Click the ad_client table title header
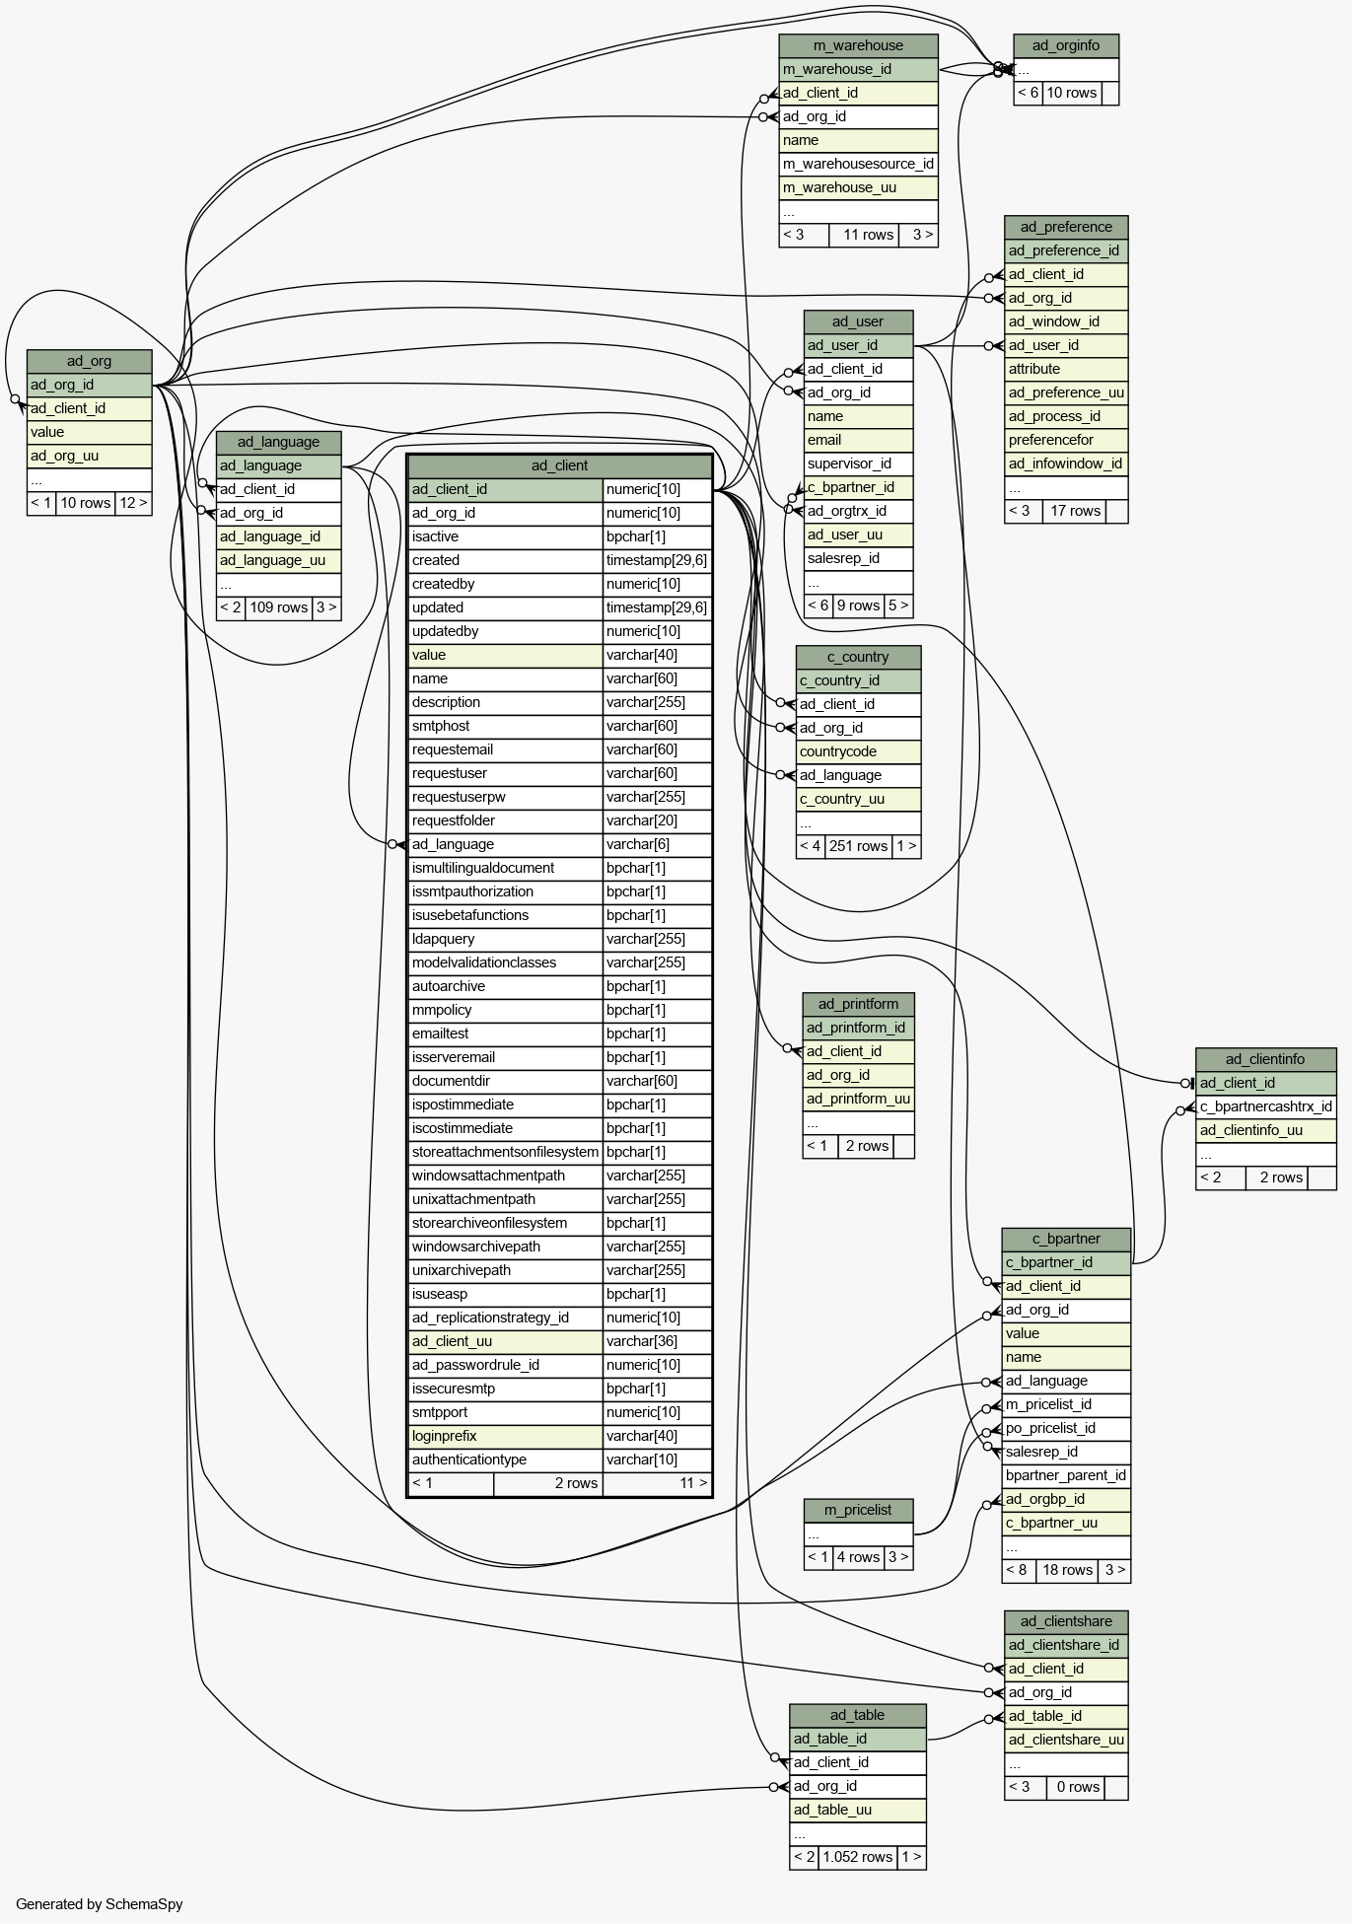tap(559, 465)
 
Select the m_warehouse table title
tap(858, 45)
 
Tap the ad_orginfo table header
tap(1066, 45)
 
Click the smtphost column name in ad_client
tap(441, 726)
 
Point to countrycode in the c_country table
tap(838, 751)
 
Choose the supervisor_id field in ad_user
tap(849, 463)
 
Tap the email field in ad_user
tap(824, 440)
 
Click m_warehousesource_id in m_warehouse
tap(858, 164)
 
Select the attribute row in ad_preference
tap(1034, 369)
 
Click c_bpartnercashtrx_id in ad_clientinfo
tap(1266, 1106)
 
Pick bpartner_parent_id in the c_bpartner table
tap(1066, 1475)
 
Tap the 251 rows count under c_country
tap(858, 846)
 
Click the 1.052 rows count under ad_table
tap(857, 1857)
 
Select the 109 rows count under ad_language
tap(279, 607)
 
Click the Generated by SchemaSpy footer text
tap(100, 1904)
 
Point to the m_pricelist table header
tap(858, 1510)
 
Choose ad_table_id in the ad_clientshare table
tap(1045, 1716)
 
